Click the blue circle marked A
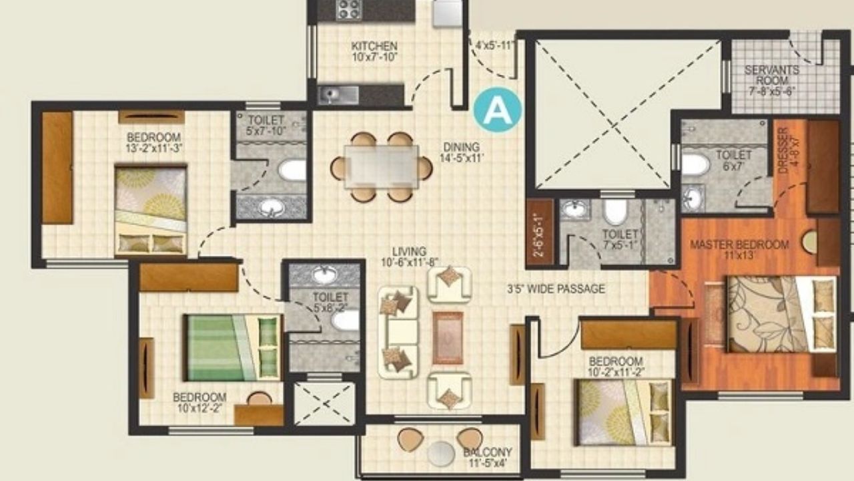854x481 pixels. click(498, 110)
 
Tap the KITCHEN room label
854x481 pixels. click(374, 47)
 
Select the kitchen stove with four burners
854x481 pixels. click(348, 10)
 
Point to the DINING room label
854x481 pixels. click(460, 147)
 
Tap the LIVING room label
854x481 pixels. click(409, 252)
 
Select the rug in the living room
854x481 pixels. click(447, 337)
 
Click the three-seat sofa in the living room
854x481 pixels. click(398, 331)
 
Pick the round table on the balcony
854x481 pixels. click(441, 454)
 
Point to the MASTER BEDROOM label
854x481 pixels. click(739, 245)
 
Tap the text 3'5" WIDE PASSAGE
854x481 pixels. click(556, 289)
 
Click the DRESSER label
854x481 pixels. click(783, 150)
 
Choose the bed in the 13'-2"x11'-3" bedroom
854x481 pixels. click(150, 210)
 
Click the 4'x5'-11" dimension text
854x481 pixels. click(494, 46)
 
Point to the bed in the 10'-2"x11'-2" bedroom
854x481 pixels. click(624, 412)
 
